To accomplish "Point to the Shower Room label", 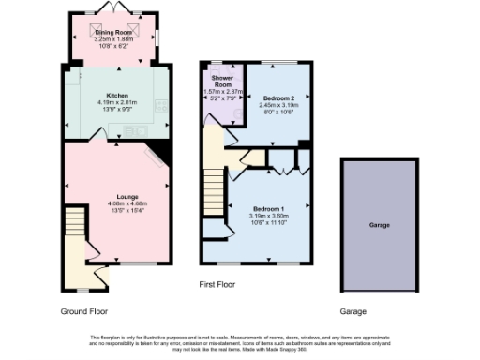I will point(222,82).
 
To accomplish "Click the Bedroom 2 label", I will point(278,97).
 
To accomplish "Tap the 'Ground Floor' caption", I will point(83,310).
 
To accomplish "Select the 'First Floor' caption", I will point(217,283).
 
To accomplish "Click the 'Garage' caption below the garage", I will point(352,311).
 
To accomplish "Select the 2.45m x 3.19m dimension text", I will point(278,104).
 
